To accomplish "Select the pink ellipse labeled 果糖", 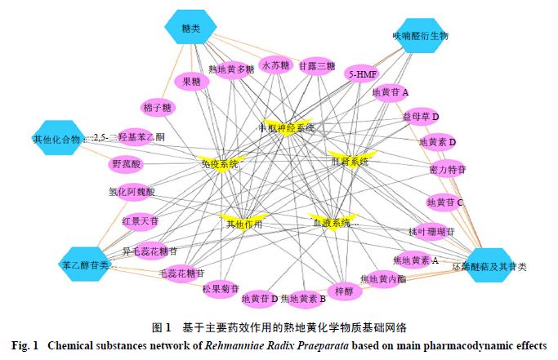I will (x=193, y=82).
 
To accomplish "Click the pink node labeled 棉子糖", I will (x=157, y=107).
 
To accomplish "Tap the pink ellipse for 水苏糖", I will (x=276, y=64).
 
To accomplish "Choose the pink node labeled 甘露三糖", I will (x=317, y=65).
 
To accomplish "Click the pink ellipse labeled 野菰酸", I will (x=126, y=164).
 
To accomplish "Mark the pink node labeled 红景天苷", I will (x=141, y=220).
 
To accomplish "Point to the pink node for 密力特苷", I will (x=448, y=170).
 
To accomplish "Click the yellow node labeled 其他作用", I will (x=243, y=222).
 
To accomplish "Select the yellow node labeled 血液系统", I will (x=330, y=222).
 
